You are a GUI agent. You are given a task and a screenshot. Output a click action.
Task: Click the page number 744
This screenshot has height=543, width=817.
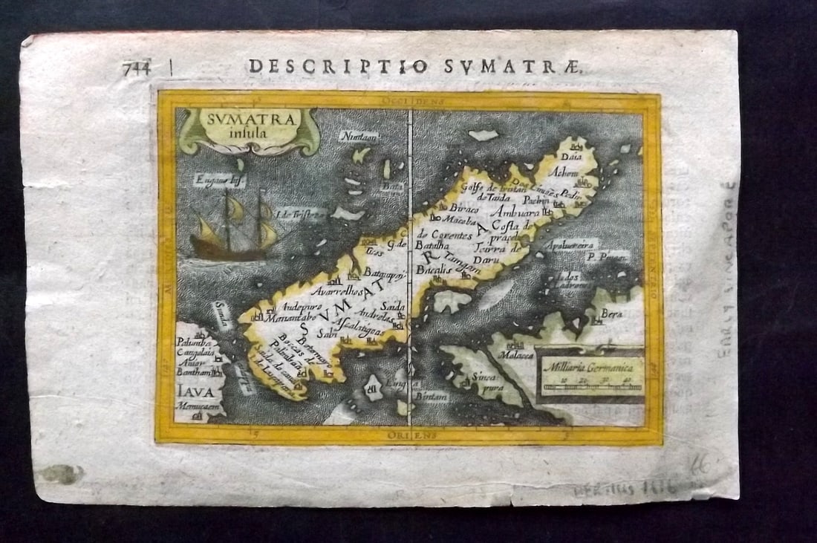click(137, 68)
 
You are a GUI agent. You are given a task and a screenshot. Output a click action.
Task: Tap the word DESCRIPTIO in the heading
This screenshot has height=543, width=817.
click(339, 67)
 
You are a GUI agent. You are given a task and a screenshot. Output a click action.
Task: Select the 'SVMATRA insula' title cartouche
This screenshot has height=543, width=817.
click(249, 130)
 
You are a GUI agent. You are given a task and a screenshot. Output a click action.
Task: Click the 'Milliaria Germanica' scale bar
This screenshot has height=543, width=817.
click(590, 374)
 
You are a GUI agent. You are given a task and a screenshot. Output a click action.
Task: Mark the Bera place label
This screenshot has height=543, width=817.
click(610, 313)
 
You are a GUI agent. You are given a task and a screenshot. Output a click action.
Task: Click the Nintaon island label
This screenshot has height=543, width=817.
click(359, 136)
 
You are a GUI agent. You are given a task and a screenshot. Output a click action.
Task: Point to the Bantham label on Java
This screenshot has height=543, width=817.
click(193, 374)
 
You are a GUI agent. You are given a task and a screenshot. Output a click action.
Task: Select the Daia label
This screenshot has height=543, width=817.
click(571, 157)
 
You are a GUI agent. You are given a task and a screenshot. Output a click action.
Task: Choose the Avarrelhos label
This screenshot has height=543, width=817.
click(336, 290)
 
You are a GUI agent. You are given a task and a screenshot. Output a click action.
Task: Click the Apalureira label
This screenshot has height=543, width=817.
click(570, 244)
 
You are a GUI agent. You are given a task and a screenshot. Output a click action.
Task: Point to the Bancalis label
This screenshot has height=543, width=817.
click(434, 270)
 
